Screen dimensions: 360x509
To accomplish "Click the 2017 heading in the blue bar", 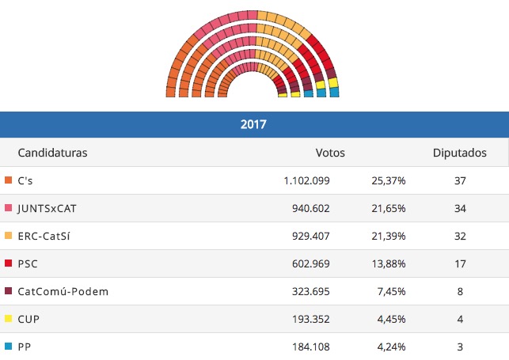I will click(253, 124).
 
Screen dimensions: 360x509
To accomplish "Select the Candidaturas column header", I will click(52, 153).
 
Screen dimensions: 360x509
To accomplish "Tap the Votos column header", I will click(330, 153).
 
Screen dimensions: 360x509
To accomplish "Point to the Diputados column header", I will click(459, 153).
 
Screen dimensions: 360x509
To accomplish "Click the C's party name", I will click(25, 180).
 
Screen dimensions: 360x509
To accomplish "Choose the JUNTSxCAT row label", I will click(46, 208).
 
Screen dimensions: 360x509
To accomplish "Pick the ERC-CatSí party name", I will click(44, 236).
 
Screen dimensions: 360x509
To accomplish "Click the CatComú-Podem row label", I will click(63, 291).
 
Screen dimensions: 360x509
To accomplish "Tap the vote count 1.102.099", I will click(306, 180).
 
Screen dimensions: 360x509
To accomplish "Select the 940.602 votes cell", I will click(311, 208).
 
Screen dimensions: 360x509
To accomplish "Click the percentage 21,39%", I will click(388, 236).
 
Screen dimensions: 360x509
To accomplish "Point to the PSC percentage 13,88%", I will click(388, 263).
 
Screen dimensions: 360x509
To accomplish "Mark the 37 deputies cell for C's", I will click(459, 180).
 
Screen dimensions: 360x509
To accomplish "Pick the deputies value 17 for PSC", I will click(459, 263).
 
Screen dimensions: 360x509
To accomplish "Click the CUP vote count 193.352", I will click(311, 319).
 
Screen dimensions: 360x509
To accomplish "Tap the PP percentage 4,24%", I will click(390, 346).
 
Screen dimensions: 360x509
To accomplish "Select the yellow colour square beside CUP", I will click(8, 319).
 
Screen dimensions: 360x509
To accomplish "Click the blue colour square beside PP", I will click(8, 346).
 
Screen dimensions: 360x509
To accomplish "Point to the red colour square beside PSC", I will click(8, 263).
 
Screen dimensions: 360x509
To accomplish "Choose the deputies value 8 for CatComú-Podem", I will click(459, 291).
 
